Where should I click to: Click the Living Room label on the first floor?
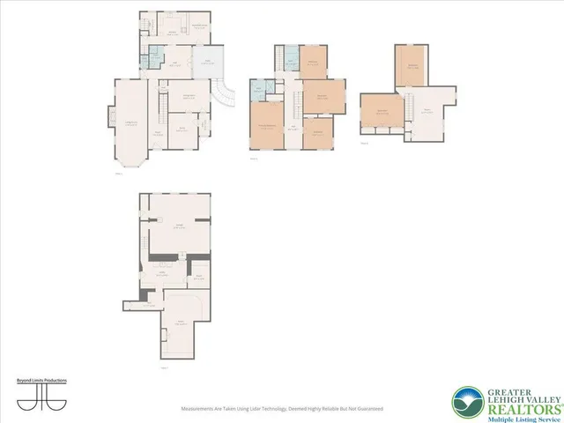(130, 123)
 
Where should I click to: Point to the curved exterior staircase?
(227, 92)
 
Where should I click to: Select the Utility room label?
(161, 274)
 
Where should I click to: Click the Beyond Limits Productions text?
(42, 380)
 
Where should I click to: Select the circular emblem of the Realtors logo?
(465, 402)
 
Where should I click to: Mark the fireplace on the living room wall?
(111, 115)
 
